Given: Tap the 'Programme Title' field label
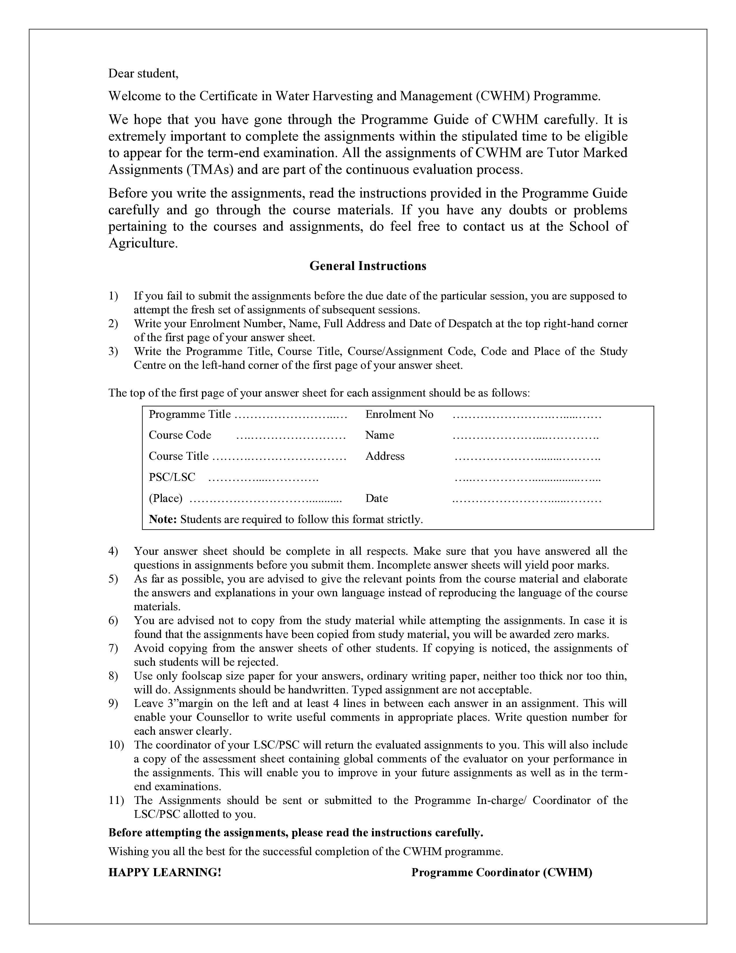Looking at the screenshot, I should [x=190, y=414].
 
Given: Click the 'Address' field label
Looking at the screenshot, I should [x=384, y=456].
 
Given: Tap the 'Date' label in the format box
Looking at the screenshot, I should [x=376, y=498].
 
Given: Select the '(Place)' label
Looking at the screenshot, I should [x=166, y=498].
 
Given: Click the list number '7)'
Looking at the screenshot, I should [x=113, y=648].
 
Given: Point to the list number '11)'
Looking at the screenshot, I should [x=116, y=800].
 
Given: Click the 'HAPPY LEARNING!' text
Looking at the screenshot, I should [x=165, y=872].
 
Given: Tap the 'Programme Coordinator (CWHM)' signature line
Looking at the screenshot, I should [x=501, y=872].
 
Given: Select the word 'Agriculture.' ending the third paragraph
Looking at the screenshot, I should [x=143, y=243].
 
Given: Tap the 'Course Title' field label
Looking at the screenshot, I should [x=179, y=456].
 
